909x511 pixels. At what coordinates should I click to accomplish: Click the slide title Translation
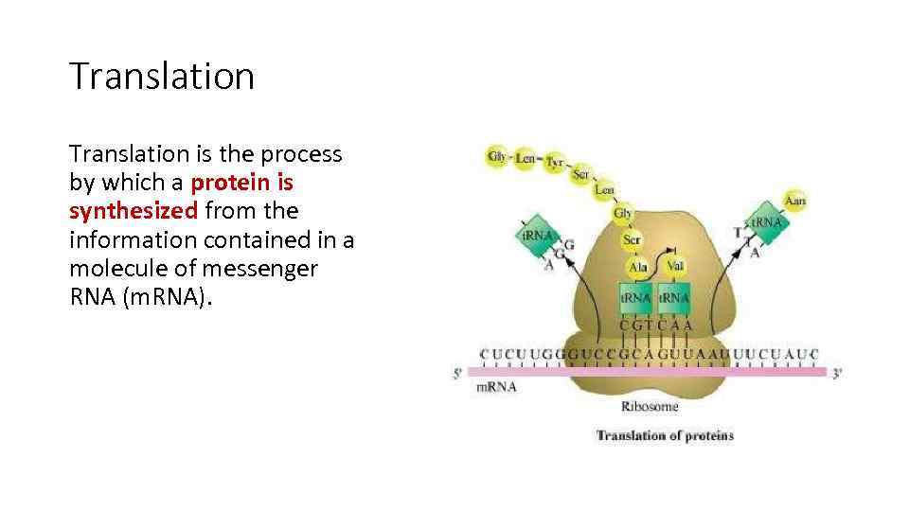point(162,77)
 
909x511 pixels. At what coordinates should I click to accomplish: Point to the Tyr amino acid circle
point(555,163)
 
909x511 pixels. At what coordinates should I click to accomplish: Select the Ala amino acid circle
point(637,267)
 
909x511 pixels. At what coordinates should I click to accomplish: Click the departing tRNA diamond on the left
point(536,234)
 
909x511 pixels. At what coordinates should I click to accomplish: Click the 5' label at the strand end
point(458,373)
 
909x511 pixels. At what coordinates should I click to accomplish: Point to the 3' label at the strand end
point(836,373)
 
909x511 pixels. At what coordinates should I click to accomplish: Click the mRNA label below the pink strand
point(496,387)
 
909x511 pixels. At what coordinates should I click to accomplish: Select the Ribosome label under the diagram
point(650,407)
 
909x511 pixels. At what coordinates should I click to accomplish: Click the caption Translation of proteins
point(664,435)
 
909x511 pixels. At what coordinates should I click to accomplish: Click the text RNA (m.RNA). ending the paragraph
point(142,298)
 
